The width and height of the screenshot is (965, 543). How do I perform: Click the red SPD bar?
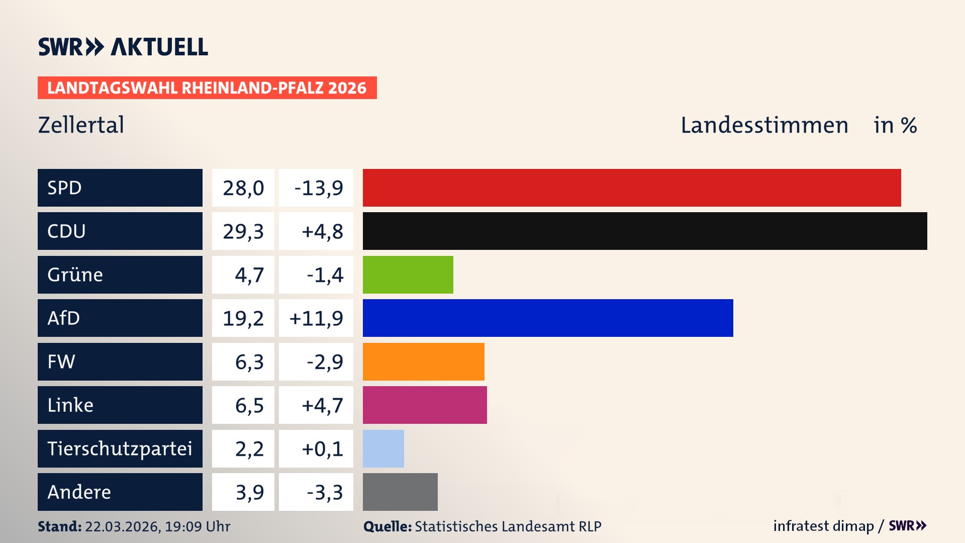(x=632, y=188)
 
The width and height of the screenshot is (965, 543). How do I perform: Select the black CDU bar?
(x=645, y=231)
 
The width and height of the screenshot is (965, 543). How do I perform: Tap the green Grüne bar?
(x=408, y=275)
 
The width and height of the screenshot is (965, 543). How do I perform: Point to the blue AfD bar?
(x=548, y=318)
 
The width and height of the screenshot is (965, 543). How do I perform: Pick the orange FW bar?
(x=423, y=361)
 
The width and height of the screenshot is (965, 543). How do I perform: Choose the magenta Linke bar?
(x=425, y=405)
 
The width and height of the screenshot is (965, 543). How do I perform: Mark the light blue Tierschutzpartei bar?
(x=383, y=448)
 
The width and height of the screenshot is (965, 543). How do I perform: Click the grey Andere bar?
(x=400, y=492)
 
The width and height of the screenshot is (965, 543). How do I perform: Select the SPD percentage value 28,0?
(x=243, y=188)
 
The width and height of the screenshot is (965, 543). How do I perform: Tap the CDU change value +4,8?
(x=322, y=231)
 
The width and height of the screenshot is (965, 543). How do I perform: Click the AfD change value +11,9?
(x=316, y=318)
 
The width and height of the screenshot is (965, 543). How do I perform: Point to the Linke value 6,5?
(x=249, y=405)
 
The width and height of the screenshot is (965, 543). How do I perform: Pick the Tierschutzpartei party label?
(x=120, y=448)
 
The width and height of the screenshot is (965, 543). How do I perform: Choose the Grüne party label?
(x=75, y=275)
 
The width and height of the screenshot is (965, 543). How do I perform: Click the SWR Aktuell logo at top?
(x=123, y=47)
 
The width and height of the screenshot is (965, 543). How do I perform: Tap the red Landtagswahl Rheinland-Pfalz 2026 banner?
(x=207, y=88)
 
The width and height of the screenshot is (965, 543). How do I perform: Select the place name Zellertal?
(x=81, y=125)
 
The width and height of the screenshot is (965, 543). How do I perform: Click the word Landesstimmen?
(x=764, y=125)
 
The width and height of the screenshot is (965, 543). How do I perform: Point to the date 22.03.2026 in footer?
(x=122, y=526)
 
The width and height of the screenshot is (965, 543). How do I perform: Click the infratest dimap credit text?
(x=823, y=526)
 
